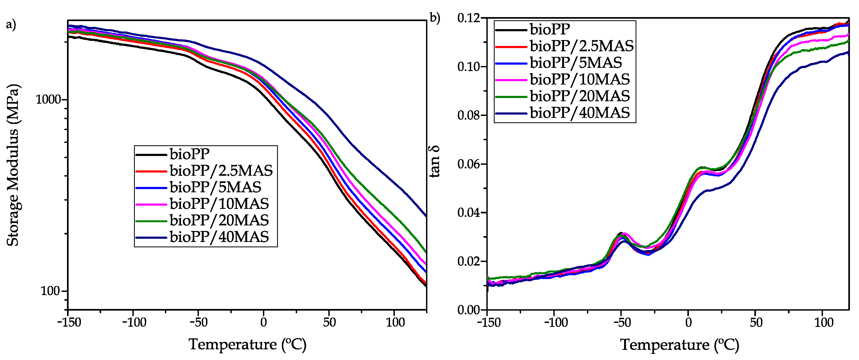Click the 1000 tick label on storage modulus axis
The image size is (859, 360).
pyautogui.click(x=48, y=99)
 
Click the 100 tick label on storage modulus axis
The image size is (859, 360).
pyautogui.click(x=50, y=291)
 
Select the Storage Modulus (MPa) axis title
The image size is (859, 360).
pyautogui.click(x=13, y=165)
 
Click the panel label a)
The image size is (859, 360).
pyautogui.click(x=11, y=24)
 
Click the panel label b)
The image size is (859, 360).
pyautogui.click(x=435, y=18)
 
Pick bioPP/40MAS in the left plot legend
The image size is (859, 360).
pyautogui.click(x=219, y=237)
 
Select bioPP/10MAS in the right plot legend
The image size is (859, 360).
pyautogui.click(x=580, y=79)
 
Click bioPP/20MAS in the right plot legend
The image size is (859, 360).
pyautogui.click(x=580, y=96)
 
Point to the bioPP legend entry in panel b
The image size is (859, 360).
pyautogui.click(x=550, y=29)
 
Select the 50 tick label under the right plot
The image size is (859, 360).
pyautogui.click(x=756, y=323)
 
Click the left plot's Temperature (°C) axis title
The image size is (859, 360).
pyautogui.click(x=247, y=344)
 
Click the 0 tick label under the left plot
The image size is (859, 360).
pyautogui.click(x=263, y=322)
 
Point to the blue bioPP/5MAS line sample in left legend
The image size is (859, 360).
pyautogui.click(x=151, y=188)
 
